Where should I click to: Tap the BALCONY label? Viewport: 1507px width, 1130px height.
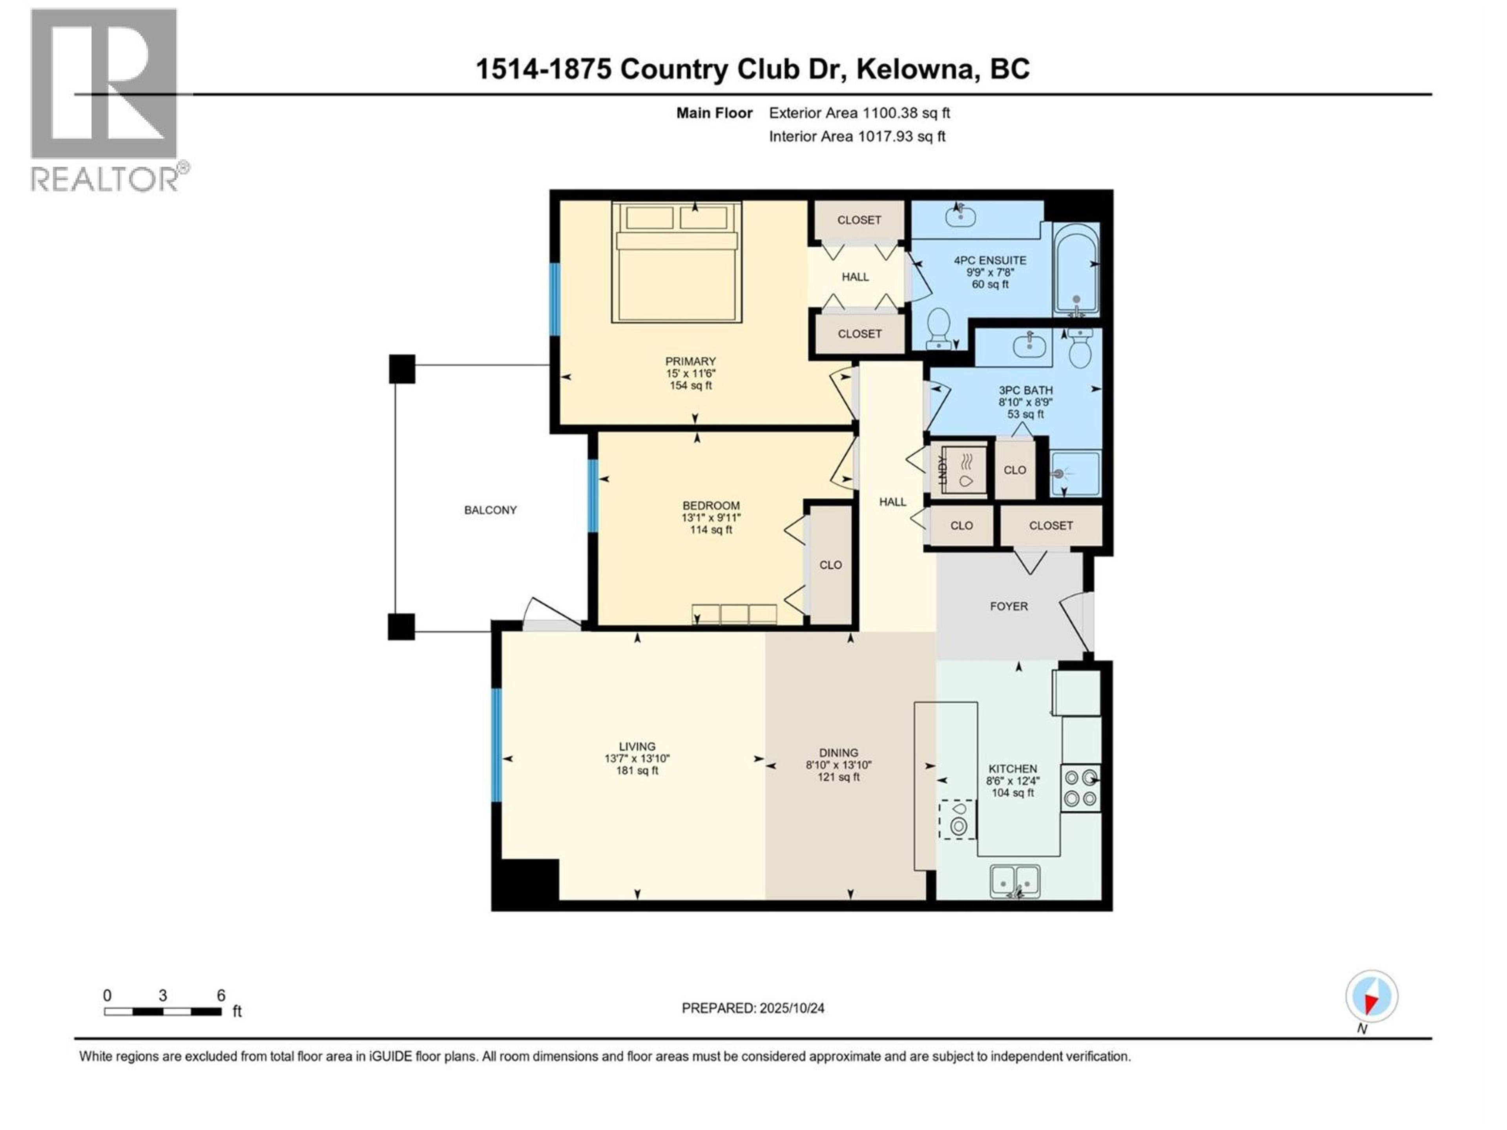tap(490, 510)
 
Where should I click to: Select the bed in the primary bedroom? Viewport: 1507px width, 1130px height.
tap(677, 262)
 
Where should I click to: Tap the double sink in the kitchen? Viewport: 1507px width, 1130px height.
tap(1015, 881)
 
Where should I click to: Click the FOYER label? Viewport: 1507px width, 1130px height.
tap(1008, 605)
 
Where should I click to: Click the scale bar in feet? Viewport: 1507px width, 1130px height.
tap(164, 1012)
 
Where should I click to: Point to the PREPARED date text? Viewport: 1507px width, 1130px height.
tap(753, 1008)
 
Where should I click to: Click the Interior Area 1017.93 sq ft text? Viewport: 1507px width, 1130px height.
tap(857, 136)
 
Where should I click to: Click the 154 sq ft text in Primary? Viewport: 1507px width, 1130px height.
tap(690, 386)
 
